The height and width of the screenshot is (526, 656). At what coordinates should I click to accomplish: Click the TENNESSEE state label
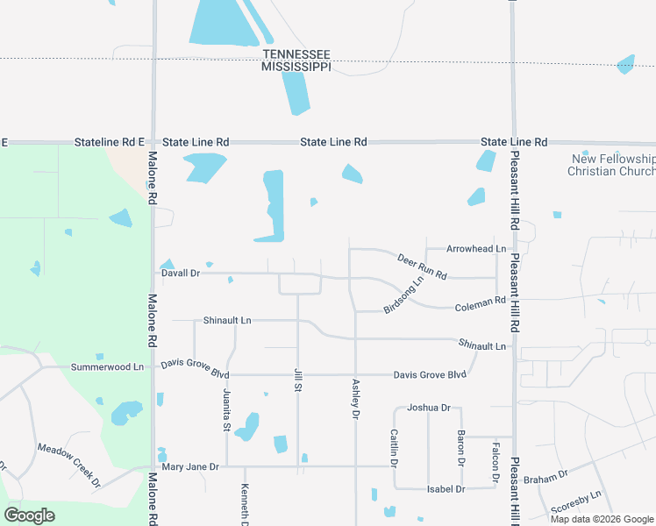click(x=297, y=53)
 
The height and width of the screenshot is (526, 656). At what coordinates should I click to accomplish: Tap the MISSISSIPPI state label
click(x=297, y=67)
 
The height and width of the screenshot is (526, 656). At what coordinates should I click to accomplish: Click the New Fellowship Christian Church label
click(x=612, y=165)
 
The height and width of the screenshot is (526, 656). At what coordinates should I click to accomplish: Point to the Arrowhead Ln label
click(x=476, y=249)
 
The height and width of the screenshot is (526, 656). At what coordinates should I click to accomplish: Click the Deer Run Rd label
click(x=422, y=267)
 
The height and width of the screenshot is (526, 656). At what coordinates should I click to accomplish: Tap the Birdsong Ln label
click(x=403, y=295)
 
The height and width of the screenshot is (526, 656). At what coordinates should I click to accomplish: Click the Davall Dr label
click(x=182, y=274)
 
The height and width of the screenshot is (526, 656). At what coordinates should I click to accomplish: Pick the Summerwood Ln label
click(x=107, y=366)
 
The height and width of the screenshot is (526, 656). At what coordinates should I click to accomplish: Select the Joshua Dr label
click(x=429, y=408)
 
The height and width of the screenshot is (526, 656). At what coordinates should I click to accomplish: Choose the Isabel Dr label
click(x=447, y=488)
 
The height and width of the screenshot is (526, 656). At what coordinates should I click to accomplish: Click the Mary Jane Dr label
click(x=190, y=466)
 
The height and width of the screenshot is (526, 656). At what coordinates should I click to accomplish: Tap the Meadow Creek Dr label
click(x=69, y=465)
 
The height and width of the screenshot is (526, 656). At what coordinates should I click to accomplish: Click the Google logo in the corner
click(x=30, y=515)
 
